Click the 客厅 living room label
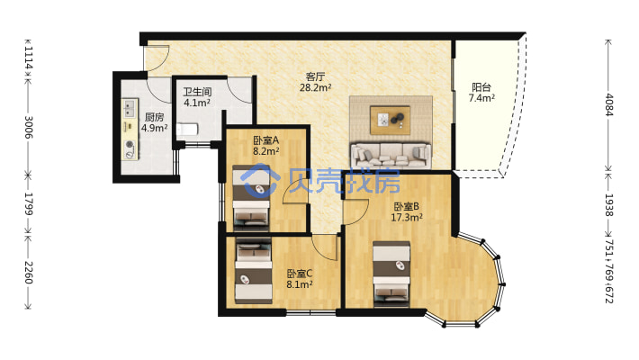(315, 76)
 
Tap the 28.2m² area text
(315, 87)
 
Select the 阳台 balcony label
(481, 86)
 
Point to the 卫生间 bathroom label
(197, 92)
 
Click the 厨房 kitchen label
(155, 117)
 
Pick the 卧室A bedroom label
(266, 140)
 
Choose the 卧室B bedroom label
(406, 207)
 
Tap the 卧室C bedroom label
(300, 274)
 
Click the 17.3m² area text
(407, 217)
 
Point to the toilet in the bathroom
(187, 130)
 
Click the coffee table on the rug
(390, 120)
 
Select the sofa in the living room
(391, 155)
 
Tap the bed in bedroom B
(391, 274)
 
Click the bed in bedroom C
(254, 270)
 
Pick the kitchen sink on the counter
(130, 108)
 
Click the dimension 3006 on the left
(29, 127)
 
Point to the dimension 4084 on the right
(608, 104)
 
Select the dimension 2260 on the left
(29, 273)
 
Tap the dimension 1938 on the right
(608, 205)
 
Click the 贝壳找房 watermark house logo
(259, 180)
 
